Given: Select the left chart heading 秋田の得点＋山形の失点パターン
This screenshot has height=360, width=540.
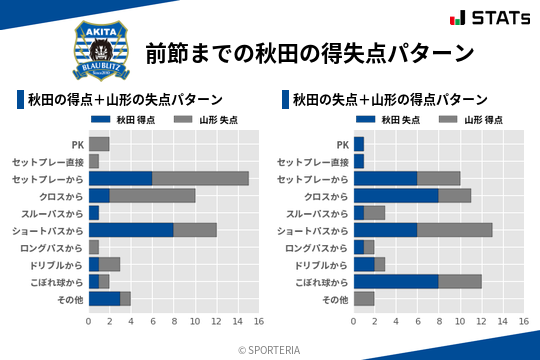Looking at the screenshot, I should [125, 99].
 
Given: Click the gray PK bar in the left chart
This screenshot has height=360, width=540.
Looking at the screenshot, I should [98, 144].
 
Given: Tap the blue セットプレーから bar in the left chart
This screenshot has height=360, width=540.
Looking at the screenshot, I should [120, 178].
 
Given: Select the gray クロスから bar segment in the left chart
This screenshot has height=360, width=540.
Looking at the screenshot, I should [152, 195].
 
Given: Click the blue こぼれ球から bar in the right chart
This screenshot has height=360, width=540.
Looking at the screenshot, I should [396, 281].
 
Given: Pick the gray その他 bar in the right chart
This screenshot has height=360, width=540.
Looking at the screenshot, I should [364, 298].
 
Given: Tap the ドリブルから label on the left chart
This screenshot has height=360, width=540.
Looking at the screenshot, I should [55, 264].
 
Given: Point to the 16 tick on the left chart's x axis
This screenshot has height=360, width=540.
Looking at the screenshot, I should [259, 322].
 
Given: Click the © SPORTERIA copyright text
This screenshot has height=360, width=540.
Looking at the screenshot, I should [270, 350].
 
